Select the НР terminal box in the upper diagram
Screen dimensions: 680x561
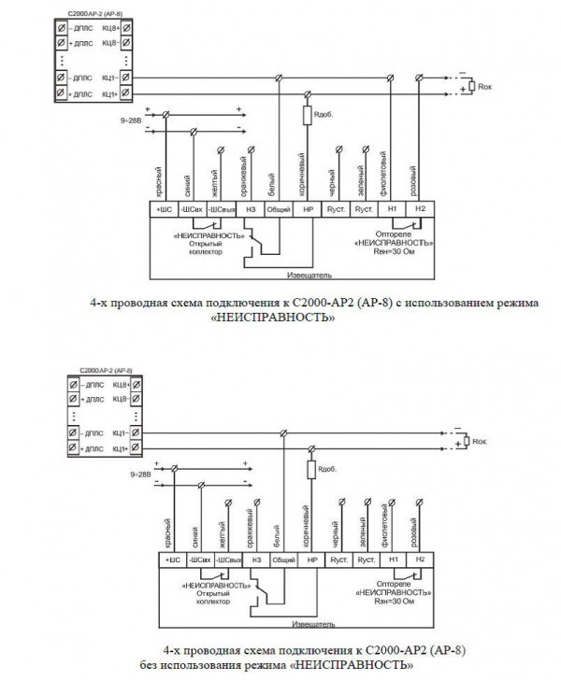click(306, 209)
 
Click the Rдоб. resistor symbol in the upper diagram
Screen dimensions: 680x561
click(306, 116)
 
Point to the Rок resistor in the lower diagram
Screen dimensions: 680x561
click(466, 441)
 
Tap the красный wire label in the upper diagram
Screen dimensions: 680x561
click(160, 175)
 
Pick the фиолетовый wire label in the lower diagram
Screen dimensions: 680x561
click(389, 525)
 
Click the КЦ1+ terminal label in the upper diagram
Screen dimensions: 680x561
click(109, 94)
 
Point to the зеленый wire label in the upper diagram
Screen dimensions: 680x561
click(361, 175)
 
